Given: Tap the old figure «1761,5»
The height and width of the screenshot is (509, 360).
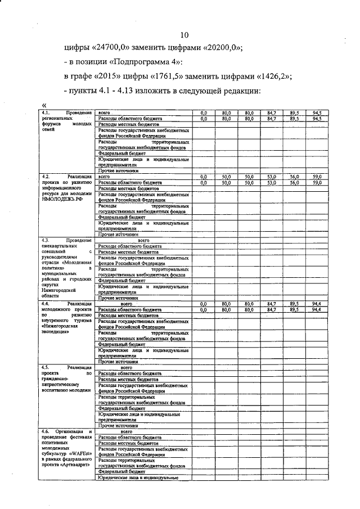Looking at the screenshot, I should tap(188, 76).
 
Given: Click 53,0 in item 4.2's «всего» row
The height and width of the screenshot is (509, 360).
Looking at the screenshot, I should tap(271, 177).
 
